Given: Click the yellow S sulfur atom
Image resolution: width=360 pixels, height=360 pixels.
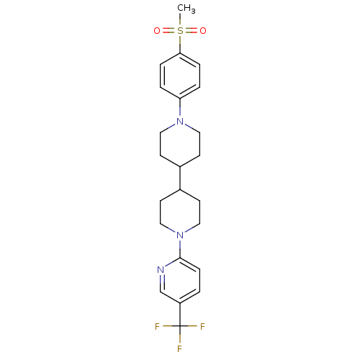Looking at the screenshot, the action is (x=180, y=31).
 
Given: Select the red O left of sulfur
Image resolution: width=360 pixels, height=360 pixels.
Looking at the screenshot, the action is (x=157, y=31).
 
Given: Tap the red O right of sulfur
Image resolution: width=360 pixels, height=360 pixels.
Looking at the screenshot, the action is (x=203, y=31).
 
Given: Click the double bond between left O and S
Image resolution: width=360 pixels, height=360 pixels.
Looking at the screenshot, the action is (x=168, y=31).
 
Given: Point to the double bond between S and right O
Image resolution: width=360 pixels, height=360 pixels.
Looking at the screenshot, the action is (x=192, y=31).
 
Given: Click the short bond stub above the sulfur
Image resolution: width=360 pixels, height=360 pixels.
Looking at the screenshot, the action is (x=180, y=22).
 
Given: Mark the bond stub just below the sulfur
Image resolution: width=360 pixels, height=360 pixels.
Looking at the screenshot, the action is (x=180, y=40).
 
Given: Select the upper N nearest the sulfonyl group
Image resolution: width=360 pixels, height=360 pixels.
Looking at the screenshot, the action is (x=180, y=122).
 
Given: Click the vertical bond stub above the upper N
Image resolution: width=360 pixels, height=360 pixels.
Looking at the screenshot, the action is (x=180, y=111).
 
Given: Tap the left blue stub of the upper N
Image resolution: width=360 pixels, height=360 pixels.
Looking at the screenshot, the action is (x=171, y=126).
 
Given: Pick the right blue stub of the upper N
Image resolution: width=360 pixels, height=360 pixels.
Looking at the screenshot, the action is (x=189, y=126).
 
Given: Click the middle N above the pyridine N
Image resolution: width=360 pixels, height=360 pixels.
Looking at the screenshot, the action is (x=180, y=235).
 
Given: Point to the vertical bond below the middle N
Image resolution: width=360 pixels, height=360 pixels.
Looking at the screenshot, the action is (x=180, y=247).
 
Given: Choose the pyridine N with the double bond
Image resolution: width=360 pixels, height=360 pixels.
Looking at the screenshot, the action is (x=161, y=269).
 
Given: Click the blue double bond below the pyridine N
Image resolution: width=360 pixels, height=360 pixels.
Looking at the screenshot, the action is (x=161, y=280).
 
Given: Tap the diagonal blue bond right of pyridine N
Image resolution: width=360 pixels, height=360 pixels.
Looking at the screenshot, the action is (x=171, y=264).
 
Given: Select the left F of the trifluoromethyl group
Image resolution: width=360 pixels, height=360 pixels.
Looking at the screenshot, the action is (x=157, y=327).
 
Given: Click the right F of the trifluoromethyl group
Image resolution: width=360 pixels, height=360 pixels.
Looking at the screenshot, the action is (x=203, y=327).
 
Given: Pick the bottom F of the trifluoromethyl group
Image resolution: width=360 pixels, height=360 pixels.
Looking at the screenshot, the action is (x=180, y=349).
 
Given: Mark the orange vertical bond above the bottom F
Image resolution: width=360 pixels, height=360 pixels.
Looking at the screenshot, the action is (x=180, y=338).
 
